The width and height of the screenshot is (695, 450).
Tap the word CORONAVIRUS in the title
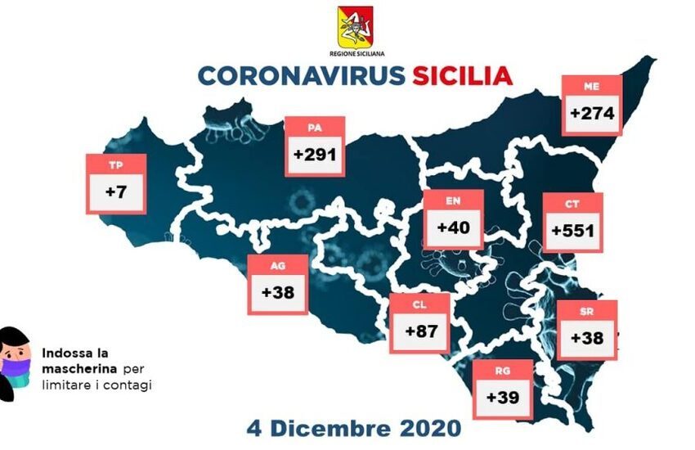point(301,75)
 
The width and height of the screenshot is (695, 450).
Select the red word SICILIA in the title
point(462,75)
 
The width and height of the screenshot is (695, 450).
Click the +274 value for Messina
point(593,113)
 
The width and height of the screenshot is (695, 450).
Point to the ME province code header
point(593,84)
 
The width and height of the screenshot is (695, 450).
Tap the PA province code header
point(315,127)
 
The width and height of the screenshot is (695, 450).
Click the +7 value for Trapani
point(116,193)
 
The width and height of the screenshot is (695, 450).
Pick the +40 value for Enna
point(454,228)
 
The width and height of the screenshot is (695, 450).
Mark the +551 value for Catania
point(572,231)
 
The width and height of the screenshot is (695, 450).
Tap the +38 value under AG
point(278,292)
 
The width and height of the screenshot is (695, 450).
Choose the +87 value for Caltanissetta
point(419,331)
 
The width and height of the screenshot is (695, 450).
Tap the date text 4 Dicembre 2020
point(354,427)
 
